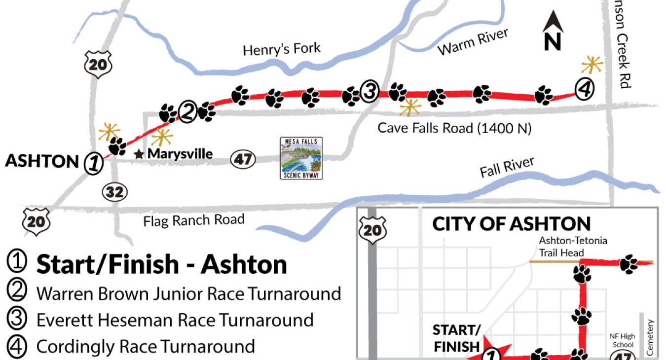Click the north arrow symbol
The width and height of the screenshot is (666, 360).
[x=553, y=32]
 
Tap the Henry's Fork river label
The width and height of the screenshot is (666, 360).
[x=282, y=49]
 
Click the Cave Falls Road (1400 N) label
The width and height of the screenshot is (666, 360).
[x=454, y=128]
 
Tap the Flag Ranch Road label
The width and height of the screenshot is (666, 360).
[x=194, y=219]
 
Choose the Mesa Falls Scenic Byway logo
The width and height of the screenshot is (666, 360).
[x=301, y=158]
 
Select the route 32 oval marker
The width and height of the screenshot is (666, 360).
[x=114, y=192]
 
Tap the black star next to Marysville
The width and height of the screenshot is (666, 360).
[x=139, y=154]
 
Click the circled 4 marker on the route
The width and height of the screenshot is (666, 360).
[x=584, y=89]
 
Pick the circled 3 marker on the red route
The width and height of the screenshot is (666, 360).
[x=369, y=91]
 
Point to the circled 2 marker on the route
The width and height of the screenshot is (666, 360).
[x=187, y=112]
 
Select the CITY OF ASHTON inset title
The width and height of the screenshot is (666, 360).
[x=511, y=224]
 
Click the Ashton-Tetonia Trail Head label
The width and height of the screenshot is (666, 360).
[x=573, y=247]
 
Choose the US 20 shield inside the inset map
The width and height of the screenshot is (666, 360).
[x=372, y=230]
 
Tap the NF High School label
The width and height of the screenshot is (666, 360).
[x=622, y=341]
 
